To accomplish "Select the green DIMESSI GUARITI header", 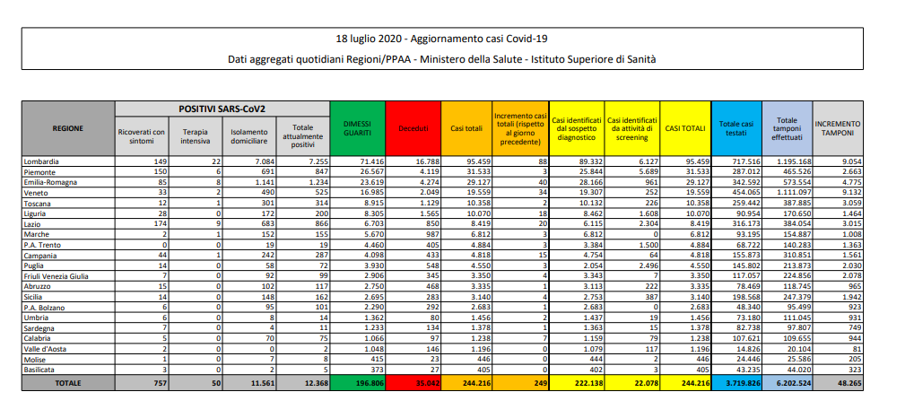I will click(358, 128).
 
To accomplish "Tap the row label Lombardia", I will click(40, 161).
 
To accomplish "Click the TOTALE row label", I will click(68, 383).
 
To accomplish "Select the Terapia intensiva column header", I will click(195, 136).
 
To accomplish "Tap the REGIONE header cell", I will click(68, 128).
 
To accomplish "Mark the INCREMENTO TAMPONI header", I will click(837, 128).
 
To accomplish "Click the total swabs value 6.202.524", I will click(787, 383).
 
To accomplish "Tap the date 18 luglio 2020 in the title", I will click(369, 39).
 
